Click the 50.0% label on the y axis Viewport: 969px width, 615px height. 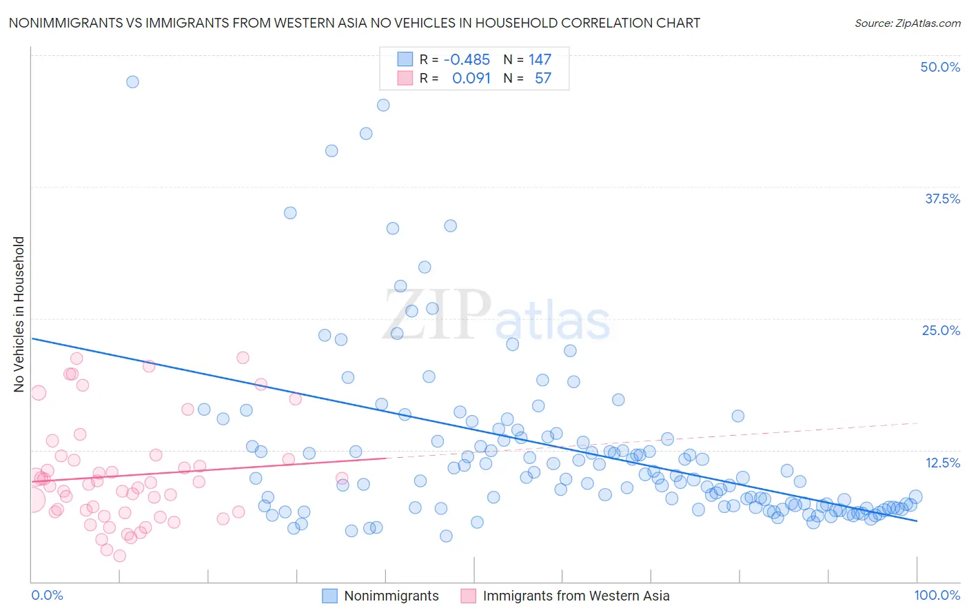pyautogui.click(x=940, y=67)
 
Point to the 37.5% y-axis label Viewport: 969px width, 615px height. pyautogui.click(x=942, y=199)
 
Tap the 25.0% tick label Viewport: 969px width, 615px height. pyautogui.click(x=941, y=330)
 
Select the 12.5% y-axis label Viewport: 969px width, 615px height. pyautogui.click(x=942, y=463)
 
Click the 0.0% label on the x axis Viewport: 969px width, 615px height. pyautogui.click(x=47, y=595)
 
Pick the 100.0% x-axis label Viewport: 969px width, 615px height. pyautogui.click(x=937, y=595)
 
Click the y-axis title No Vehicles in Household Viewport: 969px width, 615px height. pyautogui.click(x=19, y=314)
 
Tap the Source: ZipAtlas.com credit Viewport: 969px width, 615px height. pyautogui.click(x=907, y=23)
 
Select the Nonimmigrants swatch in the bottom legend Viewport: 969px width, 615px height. pyautogui.click(x=330, y=596)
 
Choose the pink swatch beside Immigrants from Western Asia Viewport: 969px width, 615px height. pyautogui.click(x=469, y=596)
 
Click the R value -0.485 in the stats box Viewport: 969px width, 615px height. pyautogui.click(x=467, y=59)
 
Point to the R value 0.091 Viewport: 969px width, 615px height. pyautogui.click(x=471, y=78)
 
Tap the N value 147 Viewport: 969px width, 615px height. pyautogui.click(x=540, y=59)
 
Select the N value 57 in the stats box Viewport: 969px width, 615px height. pyautogui.click(x=543, y=78)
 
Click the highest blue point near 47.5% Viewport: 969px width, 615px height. pyautogui.click(x=132, y=81)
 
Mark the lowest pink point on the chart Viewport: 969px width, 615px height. pyautogui.click(x=120, y=556)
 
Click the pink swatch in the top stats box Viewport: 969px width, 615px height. pyautogui.click(x=405, y=78)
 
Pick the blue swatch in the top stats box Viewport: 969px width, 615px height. pyautogui.click(x=405, y=59)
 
